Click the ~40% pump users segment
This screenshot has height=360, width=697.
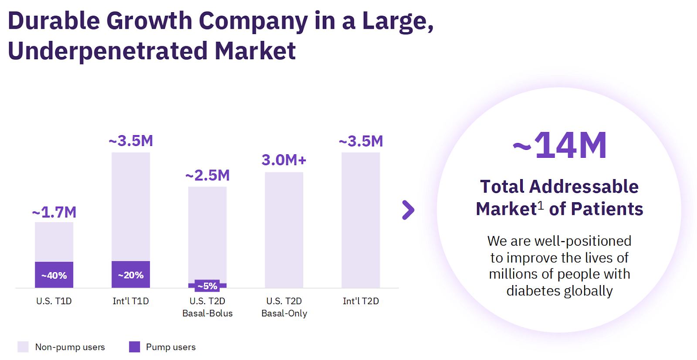54,275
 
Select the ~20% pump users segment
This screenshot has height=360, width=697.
131,275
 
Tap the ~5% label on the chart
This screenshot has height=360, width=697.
207,286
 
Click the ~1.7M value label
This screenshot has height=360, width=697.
54,212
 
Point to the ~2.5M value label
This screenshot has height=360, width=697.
208,175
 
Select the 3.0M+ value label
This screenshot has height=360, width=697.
284,160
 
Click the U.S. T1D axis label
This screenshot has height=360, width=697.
54,301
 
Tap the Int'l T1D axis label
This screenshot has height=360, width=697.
131,301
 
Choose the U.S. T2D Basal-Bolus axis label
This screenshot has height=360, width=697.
207,307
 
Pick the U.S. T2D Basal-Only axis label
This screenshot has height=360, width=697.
284,307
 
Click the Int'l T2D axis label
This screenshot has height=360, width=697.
361,301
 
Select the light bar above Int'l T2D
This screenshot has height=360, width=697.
361,220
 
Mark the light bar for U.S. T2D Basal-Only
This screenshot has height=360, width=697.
284,230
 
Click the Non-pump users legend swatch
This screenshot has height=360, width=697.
23,347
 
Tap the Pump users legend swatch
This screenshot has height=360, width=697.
135,347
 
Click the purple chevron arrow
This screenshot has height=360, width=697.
408,210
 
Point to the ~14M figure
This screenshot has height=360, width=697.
560,146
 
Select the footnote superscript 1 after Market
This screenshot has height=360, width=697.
541,205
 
